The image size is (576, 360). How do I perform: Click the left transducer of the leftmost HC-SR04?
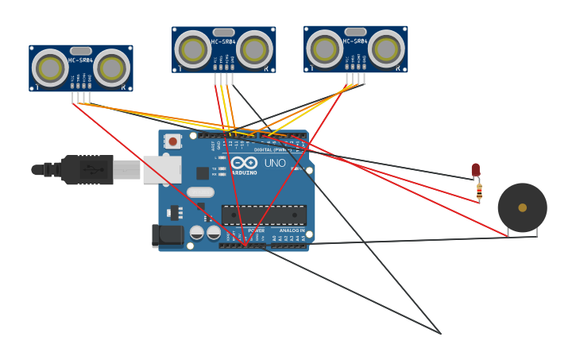click(x=50, y=68)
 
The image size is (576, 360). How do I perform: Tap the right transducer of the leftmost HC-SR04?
click(x=112, y=68)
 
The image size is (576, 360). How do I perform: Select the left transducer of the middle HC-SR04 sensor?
click(x=193, y=50)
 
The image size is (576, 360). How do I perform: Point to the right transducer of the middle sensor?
click(x=254, y=50)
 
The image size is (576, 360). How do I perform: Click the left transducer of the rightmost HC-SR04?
click(x=325, y=48)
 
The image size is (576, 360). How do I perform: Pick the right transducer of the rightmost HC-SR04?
click(x=387, y=48)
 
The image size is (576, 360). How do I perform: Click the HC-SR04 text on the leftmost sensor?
click(x=80, y=60)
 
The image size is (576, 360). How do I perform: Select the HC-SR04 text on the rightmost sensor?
click(x=355, y=41)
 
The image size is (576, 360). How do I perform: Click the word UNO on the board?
click(x=275, y=163)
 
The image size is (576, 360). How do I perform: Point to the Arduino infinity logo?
click(x=245, y=162)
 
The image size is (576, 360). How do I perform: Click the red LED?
click(x=476, y=169)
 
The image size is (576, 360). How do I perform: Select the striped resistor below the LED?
click(x=479, y=192)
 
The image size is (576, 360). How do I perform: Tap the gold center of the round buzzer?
click(x=522, y=207)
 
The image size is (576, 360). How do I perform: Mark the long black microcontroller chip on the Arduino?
click(x=264, y=215)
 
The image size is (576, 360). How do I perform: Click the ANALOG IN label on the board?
click(x=292, y=230)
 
